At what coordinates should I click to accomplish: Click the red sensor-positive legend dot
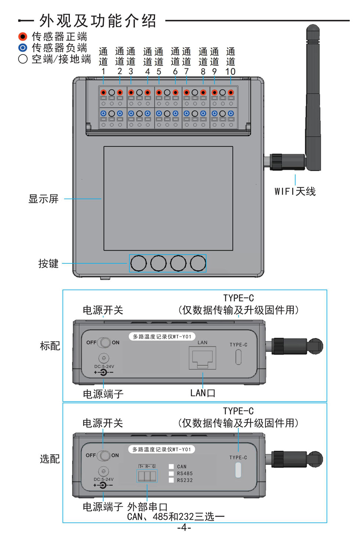(x=23, y=36)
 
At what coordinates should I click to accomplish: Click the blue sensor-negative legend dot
(x=23, y=47)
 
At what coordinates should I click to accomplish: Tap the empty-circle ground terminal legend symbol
(x=23, y=59)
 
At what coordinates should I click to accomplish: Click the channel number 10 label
(x=230, y=71)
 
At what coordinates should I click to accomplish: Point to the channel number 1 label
(x=103, y=71)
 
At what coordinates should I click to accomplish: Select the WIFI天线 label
(x=295, y=191)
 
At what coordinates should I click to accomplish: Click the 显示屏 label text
(x=43, y=199)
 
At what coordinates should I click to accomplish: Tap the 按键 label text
(x=48, y=263)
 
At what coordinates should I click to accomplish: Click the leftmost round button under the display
(x=139, y=263)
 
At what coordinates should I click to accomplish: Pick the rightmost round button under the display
(x=198, y=263)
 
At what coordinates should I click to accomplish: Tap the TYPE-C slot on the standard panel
(x=238, y=357)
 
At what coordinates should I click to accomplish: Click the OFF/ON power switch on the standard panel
(x=105, y=342)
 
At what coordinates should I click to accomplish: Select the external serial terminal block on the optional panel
(x=147, y=476)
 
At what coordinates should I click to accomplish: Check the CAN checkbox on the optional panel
(x=171, y=466)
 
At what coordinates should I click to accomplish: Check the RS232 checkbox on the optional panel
(x=171, y=480)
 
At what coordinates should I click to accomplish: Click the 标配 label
(x=50, y=346)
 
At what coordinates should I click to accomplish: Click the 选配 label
(x=50, y=459)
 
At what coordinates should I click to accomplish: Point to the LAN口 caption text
(x=203, y=393)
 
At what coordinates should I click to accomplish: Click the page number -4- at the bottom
(x=184, y=528)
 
